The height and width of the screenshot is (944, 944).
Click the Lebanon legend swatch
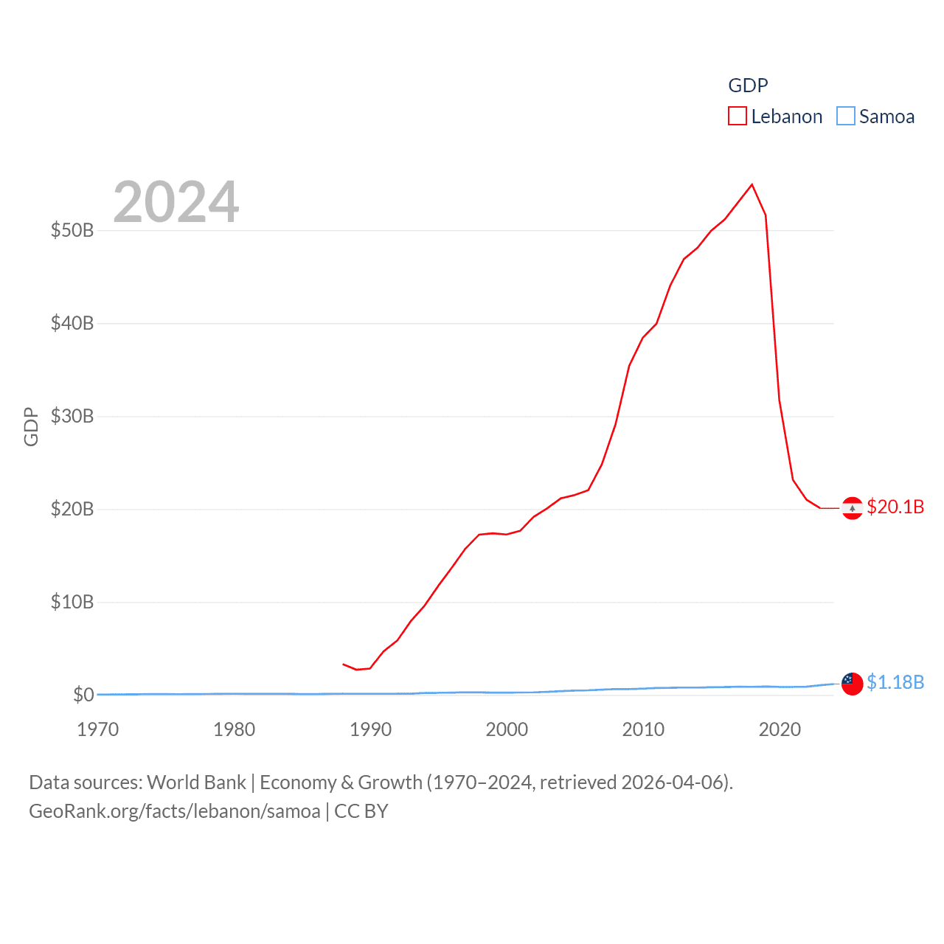[737, 117]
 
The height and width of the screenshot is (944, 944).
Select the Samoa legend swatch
[845, 117]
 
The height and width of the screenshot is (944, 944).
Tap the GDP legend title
[748, 86]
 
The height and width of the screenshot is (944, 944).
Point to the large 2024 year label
[176, 202]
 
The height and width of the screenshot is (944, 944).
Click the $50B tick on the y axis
[72, 230]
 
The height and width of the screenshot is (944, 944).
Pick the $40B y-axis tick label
[72, 323]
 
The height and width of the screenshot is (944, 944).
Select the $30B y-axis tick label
[72, 416]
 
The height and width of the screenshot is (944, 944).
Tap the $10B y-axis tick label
[72, 602]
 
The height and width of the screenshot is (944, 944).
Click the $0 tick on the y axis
[83, 695]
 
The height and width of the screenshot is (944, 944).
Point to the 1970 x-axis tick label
[98, 729]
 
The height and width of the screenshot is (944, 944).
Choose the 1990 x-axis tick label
[370, 729]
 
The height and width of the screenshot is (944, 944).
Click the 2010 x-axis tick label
[643, 729]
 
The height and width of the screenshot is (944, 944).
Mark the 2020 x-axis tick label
[780, 729]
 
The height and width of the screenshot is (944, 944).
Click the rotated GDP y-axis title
[31, 426]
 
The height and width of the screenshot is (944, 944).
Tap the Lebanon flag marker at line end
[852, 508]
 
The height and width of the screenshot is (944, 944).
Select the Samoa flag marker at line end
[852, 684]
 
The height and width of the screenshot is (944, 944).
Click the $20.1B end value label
[895, 507]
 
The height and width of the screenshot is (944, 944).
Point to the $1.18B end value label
[895, 682]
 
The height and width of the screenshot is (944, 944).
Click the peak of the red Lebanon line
[752, 184]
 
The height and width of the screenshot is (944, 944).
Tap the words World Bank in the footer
[196, 782]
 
